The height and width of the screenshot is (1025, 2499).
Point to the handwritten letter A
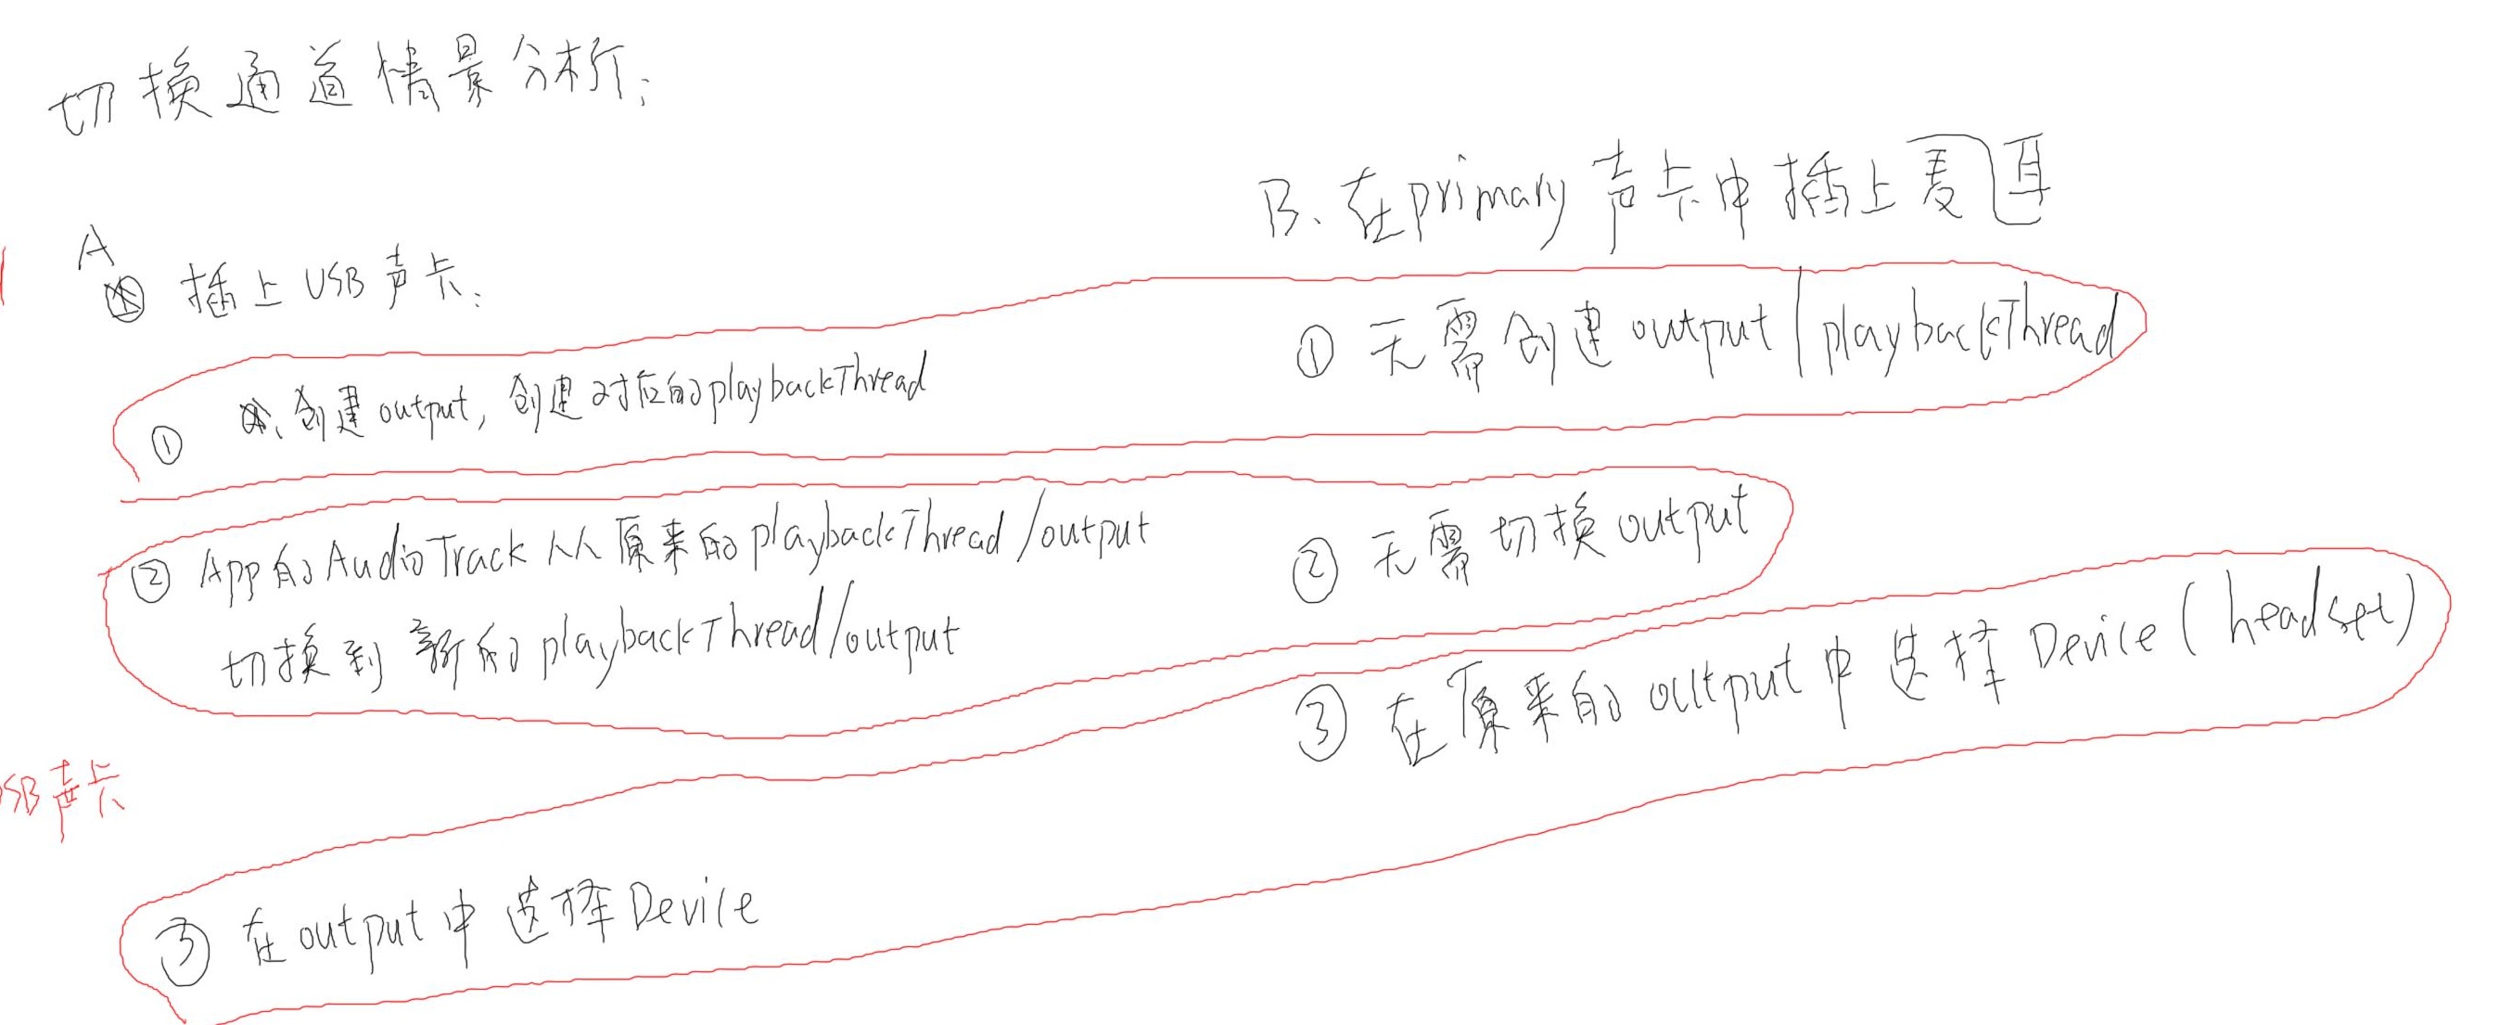point(96,249)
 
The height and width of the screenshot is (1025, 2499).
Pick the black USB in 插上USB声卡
point(336,284)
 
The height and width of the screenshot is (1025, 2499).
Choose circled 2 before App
point(151,582)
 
